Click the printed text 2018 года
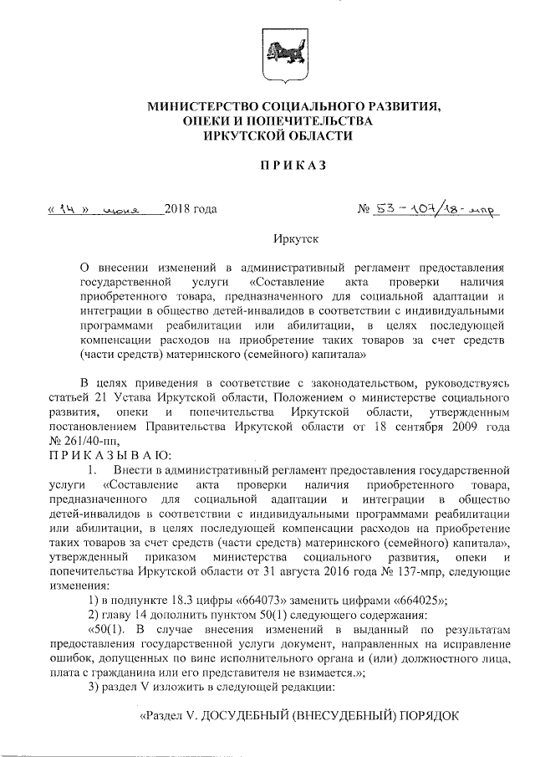click(191, 208)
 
